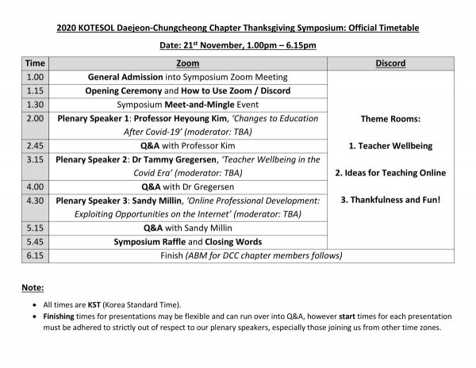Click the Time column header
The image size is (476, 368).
click(35, 63)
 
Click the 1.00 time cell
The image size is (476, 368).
click(35, 77)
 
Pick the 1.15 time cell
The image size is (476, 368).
click(35, 90)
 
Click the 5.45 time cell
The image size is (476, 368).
click(35, 241)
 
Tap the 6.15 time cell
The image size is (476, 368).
click(35, 255)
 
